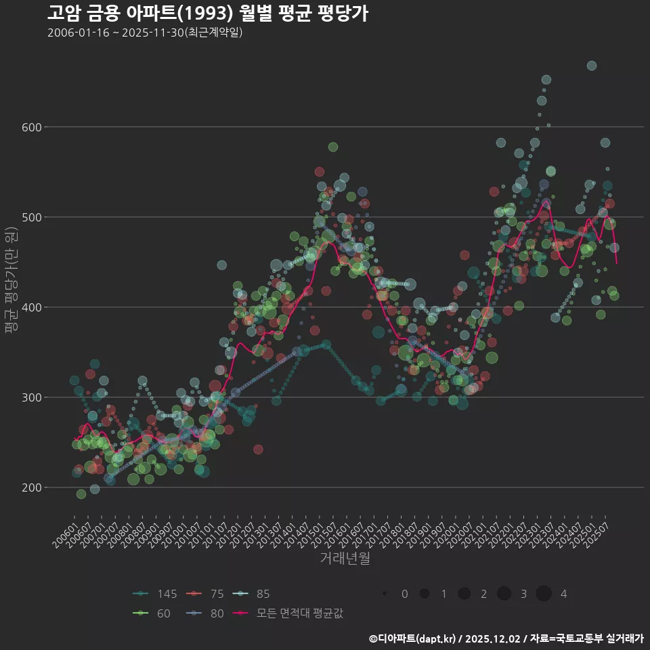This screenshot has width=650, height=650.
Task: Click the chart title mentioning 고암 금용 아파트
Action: click(x=208, y=13)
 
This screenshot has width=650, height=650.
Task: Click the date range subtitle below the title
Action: click(x=145, y=32)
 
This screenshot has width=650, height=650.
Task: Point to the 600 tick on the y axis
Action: click(x=33, y=127)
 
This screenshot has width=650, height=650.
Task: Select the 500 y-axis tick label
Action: click(x=33, y=217)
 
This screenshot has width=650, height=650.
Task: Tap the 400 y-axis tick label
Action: click(x=33, y=307)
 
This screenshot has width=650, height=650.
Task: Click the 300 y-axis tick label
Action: click(x=33, y=397)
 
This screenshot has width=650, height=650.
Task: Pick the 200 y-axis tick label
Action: click(x=33, y=487)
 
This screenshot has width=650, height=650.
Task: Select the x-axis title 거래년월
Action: click(x=345, y=559)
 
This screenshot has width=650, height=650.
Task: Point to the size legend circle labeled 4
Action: click(x=544, y=594)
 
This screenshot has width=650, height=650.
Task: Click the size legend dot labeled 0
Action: click(x=384, y=594)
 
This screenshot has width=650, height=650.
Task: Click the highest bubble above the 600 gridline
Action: click(x=591, y=66)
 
